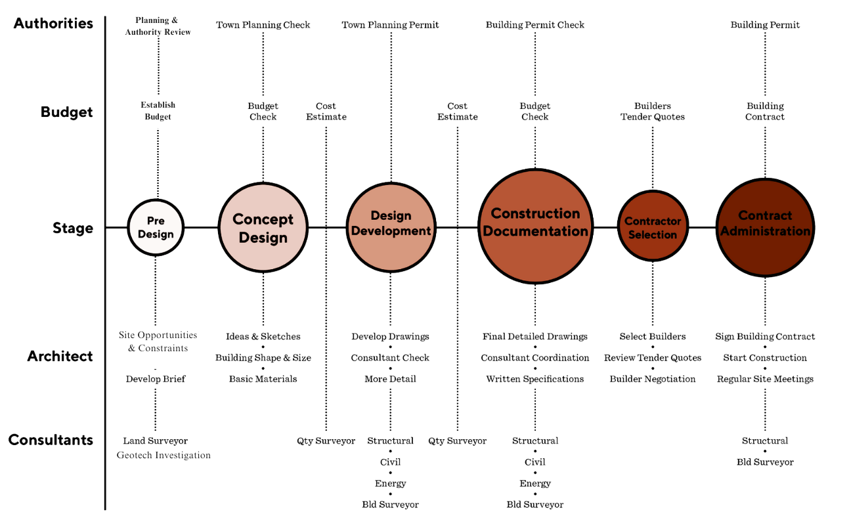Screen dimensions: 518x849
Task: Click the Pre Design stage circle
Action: point(156,228)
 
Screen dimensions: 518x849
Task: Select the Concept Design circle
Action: point(263,228)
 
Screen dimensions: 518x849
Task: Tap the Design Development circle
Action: point(391,228)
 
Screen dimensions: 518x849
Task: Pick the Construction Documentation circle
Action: point(535,227)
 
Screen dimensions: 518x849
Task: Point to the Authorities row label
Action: point(54,24)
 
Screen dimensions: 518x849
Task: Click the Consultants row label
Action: point(51,440)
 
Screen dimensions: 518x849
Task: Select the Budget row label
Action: point(67,112)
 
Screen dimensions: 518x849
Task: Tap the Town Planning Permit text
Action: point(391,25)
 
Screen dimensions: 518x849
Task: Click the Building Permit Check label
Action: point(535,25)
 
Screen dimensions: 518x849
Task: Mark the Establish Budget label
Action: point(158,111)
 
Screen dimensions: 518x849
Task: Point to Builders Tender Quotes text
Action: point(653,112)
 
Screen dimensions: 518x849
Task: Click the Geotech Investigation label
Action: point(164,455)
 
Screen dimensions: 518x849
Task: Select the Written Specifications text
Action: point(535,379)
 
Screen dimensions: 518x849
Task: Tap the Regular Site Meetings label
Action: point(765,379)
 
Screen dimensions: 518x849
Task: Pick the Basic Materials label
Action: point(263,379)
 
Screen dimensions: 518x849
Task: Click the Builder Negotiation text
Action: point(653,379)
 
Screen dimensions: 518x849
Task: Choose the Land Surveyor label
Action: point(156,441)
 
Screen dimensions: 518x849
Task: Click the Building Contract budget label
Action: point(765,112)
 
